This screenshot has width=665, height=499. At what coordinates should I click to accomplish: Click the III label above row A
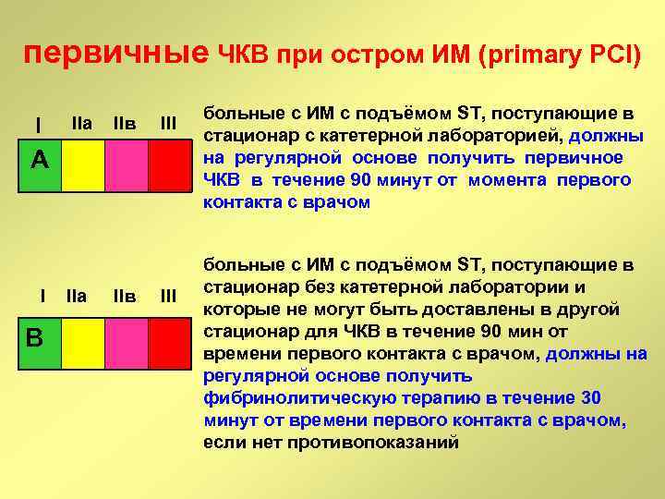169,123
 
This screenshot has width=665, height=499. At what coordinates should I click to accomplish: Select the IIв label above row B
124,297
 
